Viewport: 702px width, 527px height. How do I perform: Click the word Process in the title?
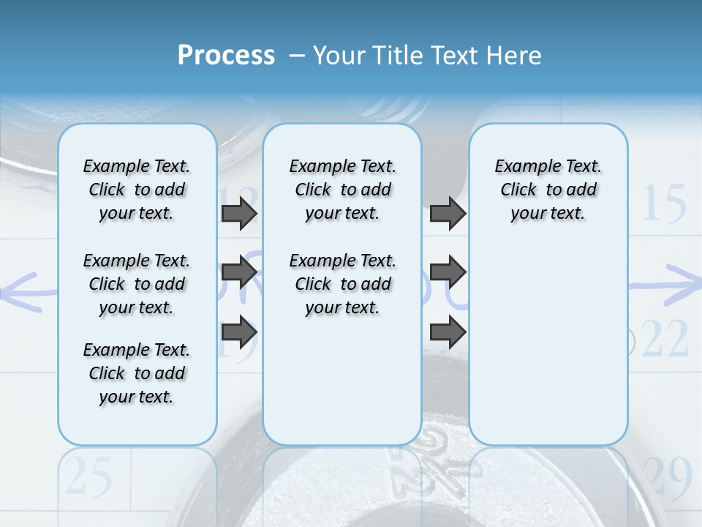(x=226, y=56)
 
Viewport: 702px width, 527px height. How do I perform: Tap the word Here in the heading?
(x=514, y=56)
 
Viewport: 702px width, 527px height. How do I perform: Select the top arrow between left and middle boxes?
(x=238, y=214)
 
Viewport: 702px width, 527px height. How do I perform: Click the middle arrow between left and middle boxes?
(x=238, y=272)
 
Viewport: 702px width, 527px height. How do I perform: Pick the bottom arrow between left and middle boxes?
(x=238, y=332)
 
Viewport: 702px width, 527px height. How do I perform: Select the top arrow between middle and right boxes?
(x=448, y=214)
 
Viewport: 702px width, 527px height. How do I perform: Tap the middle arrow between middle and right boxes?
(x=448, y=272)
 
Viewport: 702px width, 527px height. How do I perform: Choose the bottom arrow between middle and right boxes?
(x=448, y=332)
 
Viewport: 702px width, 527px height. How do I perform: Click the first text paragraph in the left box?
(x=136, y=190)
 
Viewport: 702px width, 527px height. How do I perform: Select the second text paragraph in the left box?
(x=136, y=284)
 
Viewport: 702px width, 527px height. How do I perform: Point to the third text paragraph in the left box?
(x=136, y=373)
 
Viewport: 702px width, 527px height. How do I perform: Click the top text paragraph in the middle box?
(x=342, y=190)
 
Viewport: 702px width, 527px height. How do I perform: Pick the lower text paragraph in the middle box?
(x=342, y=284)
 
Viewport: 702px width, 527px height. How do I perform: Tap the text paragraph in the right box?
(x=548, y=190)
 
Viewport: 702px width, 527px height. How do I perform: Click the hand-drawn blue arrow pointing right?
(x=665, y=285)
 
